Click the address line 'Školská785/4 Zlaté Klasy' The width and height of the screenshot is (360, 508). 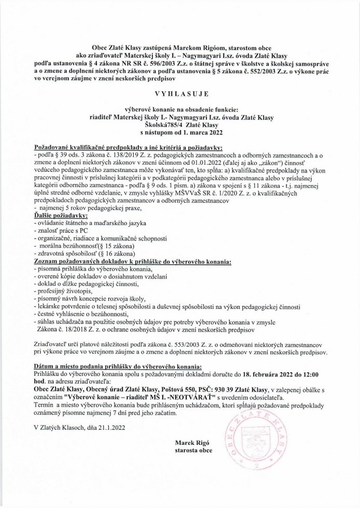click(x=179, y=125)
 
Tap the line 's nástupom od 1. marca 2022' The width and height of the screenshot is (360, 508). click(x=179, y=133)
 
